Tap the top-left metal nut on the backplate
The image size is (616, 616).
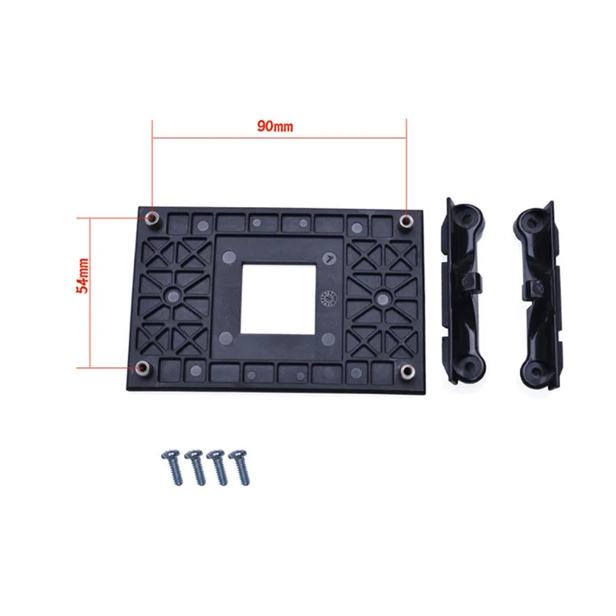(152, 218)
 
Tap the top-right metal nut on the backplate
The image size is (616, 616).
(406, 221)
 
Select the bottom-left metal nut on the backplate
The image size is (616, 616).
(142, 367)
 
